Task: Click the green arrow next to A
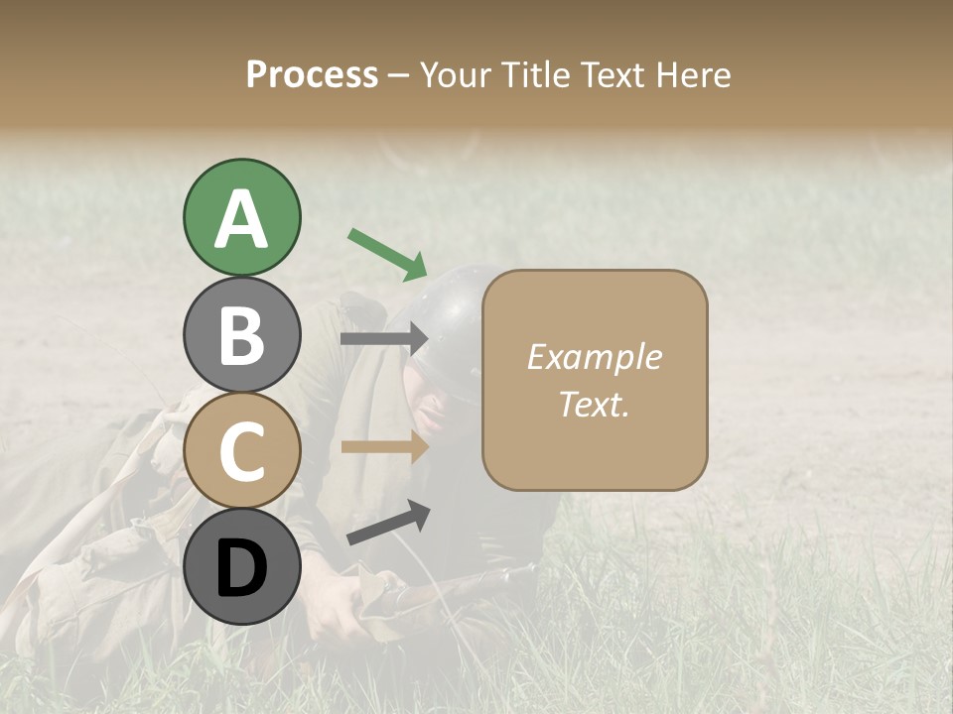pyautogui.click(x=387, y=253)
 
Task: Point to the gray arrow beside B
pyautogui.click(x=384, y=339)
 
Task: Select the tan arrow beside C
pyautogui.click(x=384, y=447)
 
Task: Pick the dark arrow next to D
pyautogui.click(x=388, y=524)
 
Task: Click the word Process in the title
pyautogui.click(x=312, y=74)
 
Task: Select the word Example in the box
pyautogui.click(x=594, y=357)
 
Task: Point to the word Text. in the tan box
pyautogui.click(x=594, y=405)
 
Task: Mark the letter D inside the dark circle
pyautogui.click(x=241, y=569)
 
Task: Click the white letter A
pyautogui.click(x=241, y=219)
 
